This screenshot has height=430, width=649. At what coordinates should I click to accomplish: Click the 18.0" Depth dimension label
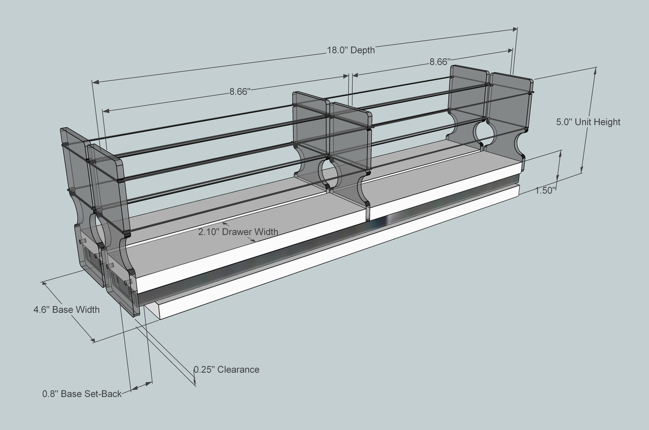[x=350, y=50]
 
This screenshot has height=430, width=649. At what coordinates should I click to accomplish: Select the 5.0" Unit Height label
[x=588, y=122]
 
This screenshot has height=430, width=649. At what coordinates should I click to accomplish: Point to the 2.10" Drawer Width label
[x=238, y=232]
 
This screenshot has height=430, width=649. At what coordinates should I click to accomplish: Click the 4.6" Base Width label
[x=66, y=309]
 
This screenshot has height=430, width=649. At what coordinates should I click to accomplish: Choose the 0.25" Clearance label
[x=227, y=370]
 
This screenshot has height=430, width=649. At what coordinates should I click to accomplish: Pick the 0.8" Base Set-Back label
[x=82, y=393]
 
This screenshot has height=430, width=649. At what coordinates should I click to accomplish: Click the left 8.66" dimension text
[x=240, y=92]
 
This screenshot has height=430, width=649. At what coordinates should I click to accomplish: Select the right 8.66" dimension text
[x=440, y=62]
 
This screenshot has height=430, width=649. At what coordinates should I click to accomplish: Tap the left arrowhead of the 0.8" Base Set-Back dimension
[x=133, y=389]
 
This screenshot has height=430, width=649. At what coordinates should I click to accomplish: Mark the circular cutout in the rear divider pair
[x=486, y=131]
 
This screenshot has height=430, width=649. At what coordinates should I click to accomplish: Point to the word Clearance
[x=239, y=370]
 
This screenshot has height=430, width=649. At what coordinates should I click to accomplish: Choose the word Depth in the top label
[x=363, y=50]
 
